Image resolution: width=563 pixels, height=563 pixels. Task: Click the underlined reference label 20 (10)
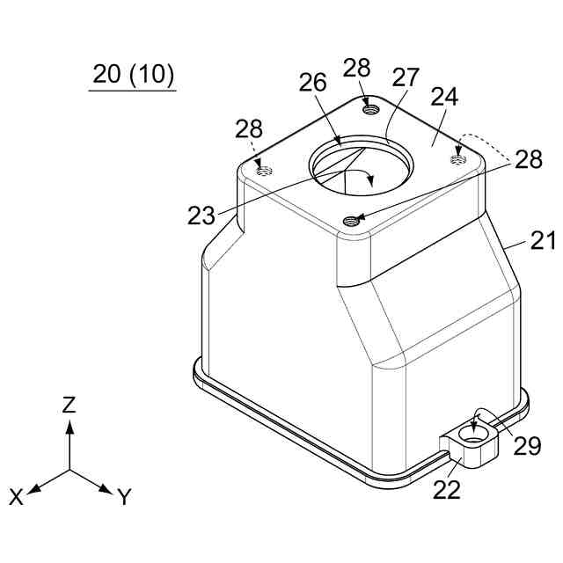coord(133,75)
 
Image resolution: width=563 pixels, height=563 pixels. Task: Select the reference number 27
coord(406,77)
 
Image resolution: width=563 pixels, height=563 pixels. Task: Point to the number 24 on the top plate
coord(444,97)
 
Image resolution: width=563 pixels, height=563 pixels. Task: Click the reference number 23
coord(201,216)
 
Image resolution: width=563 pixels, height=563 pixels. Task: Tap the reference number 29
coord(528,446)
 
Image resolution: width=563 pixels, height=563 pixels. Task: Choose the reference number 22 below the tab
coord(447,490)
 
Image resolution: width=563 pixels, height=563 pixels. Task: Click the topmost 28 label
coord(357,68)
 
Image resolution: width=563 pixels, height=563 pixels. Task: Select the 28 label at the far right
coord(529,159)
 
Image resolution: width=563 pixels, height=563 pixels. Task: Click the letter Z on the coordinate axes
coord(69,406)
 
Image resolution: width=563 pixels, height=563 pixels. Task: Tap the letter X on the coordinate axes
coord(17,497)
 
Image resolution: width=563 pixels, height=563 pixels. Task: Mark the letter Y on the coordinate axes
coord(124,498)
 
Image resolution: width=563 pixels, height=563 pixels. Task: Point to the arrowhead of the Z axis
coord(69,426)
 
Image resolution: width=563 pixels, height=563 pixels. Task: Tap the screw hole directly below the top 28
coord(371,108)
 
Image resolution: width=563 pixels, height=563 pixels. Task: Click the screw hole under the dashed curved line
coord(457,157)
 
